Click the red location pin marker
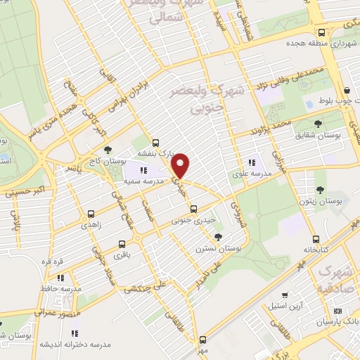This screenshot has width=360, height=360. pyautogui.click(x=181, y=165)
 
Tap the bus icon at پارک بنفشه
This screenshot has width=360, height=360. pyautogui.click(x=156, y=141)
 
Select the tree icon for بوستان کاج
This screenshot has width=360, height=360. pyautogui.click(x=107, y=149)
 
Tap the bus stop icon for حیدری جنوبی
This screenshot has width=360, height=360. pyautogui.click(x=194, y=208)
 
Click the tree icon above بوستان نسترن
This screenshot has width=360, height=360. pyautogui.click(x=219, y=236)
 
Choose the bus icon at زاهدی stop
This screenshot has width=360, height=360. pyautogui.click(x=90, y=212)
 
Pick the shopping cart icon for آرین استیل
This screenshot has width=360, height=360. pyautogui.click(x=284, y=295)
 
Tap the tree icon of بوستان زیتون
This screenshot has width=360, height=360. pyautogui.click(x=321, y=189)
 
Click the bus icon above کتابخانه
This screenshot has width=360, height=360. pyautogui.click(x=316, y=238)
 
